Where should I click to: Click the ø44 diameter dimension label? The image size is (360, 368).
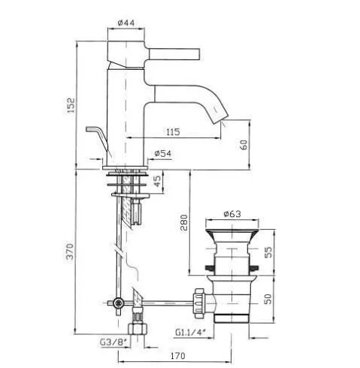click(x=126, y=23)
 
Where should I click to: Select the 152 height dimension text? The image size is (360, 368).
click(x=71, y=105)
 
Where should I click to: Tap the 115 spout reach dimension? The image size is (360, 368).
click(x=173, y=131)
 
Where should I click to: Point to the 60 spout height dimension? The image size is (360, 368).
click(x=244, y=145)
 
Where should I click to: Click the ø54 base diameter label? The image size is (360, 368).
click(x=163, y=153)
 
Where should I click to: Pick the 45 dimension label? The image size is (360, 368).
click(x=157, y=181)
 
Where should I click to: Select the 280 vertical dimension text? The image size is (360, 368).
click(x=183, y=222)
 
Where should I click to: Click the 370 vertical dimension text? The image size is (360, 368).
click(x=70, y=251)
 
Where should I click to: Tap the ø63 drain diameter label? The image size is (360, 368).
click(x=232, y=214)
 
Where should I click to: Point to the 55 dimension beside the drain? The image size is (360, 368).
click(x=268, y=252)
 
